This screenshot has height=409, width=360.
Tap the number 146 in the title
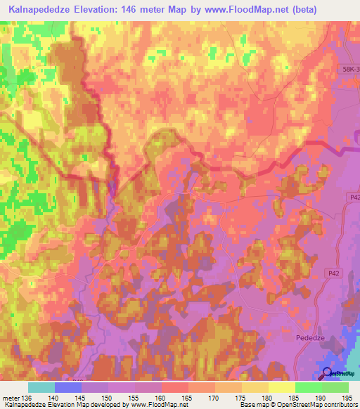click(x=142, y=10)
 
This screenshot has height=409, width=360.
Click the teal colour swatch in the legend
click(x=41, y=387)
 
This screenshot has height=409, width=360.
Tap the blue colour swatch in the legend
click(x=67, y=387)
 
